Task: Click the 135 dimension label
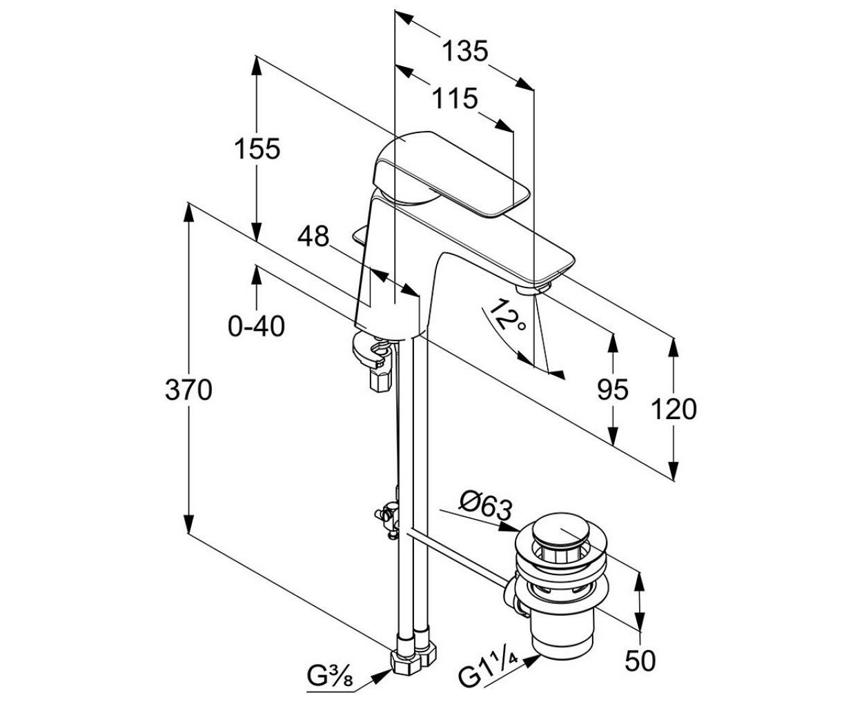465,52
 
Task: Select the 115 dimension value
455,99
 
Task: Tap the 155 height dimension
257,148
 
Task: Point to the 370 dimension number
188,390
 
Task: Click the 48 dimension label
313,236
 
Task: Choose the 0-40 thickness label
257,326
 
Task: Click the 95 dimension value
613,390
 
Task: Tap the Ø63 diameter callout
485,508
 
